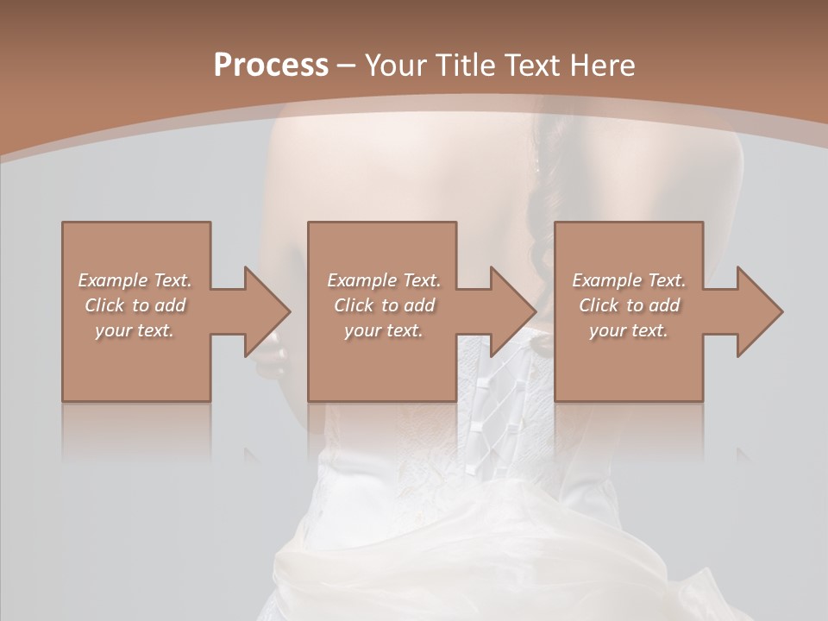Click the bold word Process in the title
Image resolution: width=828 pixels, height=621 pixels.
click(x=271, y=66)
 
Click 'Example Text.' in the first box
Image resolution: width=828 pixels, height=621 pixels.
click(x=135, y=280)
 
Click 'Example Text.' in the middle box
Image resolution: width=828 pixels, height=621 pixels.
click(x=384, y=280)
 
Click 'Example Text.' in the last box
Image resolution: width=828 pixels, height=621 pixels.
click(x=629, y=280)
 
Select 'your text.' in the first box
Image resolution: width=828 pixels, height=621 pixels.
click(x=135, y=330)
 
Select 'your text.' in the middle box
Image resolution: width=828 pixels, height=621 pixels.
click(x=384, y=330)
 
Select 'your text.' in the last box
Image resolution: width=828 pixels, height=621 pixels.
click(x=629, y=330)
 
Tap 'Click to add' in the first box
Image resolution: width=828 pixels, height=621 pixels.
click(x=135, y=305)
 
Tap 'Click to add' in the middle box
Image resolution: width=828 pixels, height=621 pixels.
click(x=384, y=305)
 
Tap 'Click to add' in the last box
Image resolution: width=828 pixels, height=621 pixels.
click(x=629, y=305)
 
